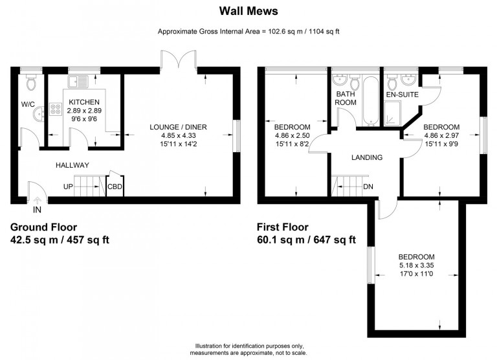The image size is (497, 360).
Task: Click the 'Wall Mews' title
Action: click(x=248, y=11)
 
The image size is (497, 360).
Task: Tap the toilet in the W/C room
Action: click(x=31, y=82)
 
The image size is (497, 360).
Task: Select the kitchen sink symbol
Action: click(x=78, y=82)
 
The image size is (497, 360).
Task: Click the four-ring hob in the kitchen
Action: click(x=56, y=109)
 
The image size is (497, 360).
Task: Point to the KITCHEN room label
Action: click(x=84, y=102)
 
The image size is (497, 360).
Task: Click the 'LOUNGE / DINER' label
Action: click(x=178, y=127)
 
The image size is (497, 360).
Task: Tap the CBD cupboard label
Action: click(x=115, y=187)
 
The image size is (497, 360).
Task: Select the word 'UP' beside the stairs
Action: click(x=68, y=187)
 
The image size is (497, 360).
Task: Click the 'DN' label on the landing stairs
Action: click(x=368, y=187)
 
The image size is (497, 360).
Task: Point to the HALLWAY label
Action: click(x=72, y=165)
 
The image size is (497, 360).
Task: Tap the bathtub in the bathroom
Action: click(x=370, y=101)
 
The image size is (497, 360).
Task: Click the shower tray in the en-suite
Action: click(x=392, y=113)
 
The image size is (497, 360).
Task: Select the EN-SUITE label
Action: click(x=403, y=95)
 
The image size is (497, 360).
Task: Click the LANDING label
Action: click(x=367, y=157)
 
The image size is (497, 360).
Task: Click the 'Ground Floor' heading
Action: click(x=44, y=227)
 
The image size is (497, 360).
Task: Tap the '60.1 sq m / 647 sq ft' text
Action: click(x=306, y=240)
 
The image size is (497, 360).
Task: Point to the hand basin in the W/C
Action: click(x=39, y=113)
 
